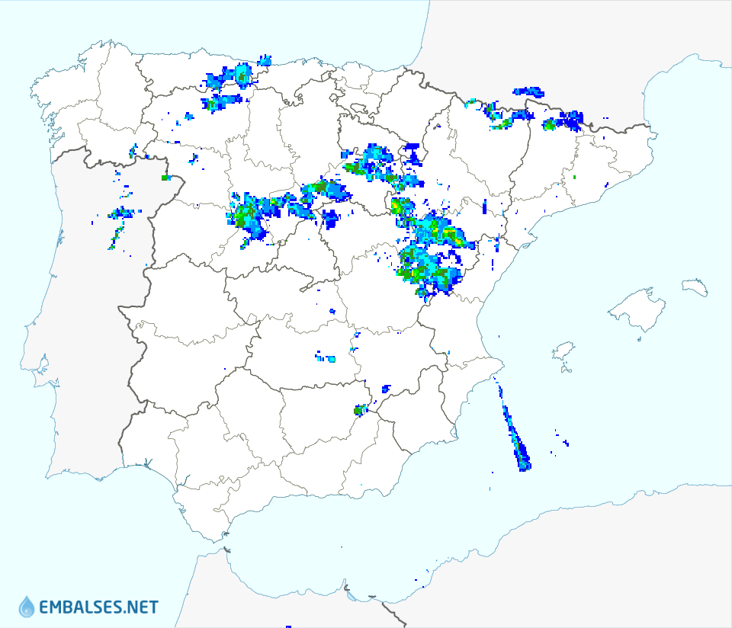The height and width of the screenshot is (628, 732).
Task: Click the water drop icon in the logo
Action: (x=27, y=607)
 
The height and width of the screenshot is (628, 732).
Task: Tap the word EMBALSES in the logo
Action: (x=80, y=607)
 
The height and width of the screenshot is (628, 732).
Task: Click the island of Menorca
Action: (x=695, y=287)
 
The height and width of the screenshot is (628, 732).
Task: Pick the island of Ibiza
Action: (x=563, y=351)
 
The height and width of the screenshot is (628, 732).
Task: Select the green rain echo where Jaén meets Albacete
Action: (x=358, y=411)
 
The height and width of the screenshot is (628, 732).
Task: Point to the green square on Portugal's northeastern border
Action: (x=165, y=178)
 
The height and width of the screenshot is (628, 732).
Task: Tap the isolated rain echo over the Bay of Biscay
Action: (x=265, y=59)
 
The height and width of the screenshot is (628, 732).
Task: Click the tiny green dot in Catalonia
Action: (x=574, y=178)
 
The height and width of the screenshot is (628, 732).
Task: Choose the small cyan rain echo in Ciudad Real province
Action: (x=331, y=358)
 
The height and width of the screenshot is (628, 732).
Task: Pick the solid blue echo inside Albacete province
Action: (x=386, y=389)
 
